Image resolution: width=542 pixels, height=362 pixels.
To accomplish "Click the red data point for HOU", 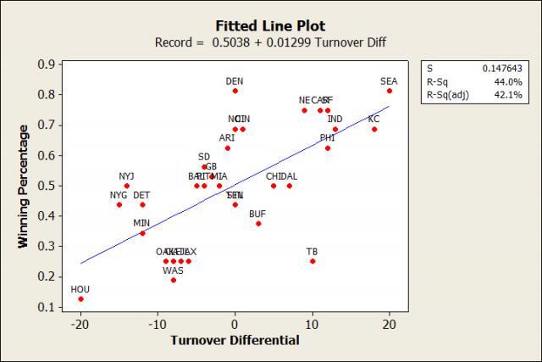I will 80,298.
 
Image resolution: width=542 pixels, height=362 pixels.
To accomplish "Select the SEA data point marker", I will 390,91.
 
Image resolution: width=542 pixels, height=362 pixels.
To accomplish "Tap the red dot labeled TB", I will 312,261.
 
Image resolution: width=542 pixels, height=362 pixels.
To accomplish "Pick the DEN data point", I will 235,91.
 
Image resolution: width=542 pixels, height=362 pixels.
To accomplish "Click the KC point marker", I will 374,129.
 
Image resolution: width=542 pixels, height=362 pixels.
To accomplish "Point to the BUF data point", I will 258,224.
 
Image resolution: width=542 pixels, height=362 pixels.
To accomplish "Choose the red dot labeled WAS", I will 174,280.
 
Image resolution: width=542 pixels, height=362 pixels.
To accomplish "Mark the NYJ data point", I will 127,186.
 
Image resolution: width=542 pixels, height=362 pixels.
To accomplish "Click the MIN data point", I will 142,233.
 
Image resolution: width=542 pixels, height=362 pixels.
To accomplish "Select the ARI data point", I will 227,148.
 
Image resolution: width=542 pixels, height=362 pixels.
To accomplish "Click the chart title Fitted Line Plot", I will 270,26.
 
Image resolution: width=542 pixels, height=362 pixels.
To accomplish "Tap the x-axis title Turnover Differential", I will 235,341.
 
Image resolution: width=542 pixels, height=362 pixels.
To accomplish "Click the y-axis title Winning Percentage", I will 24,186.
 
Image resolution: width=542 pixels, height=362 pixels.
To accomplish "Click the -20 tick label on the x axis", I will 80,322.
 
